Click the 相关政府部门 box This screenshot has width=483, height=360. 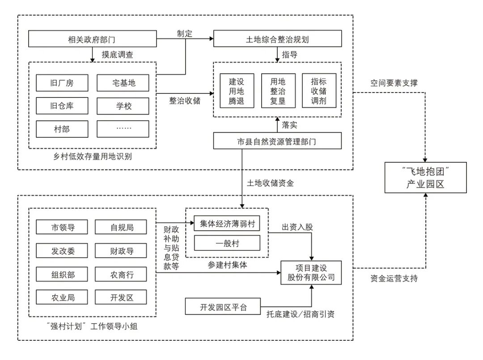[92, 39]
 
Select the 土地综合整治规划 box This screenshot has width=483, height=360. [277, 39]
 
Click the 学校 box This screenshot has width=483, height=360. [123, 106]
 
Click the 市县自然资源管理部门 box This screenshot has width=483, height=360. [277, 141]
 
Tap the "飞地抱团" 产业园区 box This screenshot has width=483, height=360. [426, 178]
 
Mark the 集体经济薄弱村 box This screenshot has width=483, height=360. [227, 224]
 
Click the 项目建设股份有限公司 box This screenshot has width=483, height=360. [311, 272]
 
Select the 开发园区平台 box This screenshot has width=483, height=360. [223, 307]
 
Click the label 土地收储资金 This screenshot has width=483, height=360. [270, 183]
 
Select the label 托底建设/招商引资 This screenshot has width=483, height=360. [301, 314]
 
